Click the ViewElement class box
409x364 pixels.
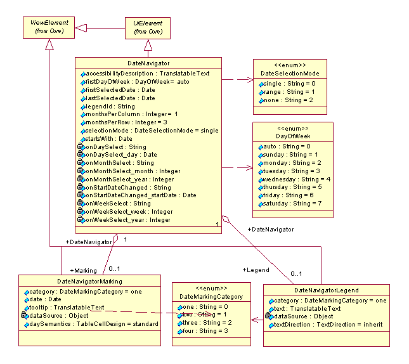49,27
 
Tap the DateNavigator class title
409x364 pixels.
148,63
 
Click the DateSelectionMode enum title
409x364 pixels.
290,74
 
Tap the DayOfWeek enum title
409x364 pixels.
292,136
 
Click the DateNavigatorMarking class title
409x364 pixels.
89,281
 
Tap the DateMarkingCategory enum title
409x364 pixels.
211,296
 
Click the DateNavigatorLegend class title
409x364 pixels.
327,290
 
